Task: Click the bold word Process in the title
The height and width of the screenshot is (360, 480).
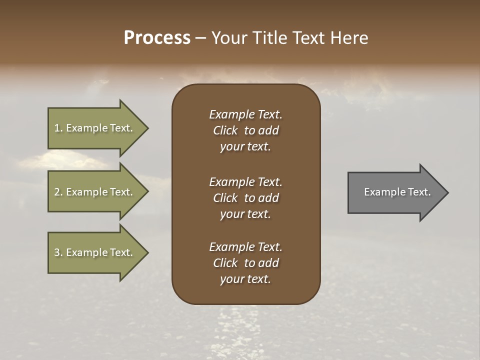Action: pos(157,38)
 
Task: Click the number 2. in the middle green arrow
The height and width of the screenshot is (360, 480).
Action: pos(58,192)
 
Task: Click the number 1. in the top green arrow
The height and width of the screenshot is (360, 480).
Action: pos(58,128)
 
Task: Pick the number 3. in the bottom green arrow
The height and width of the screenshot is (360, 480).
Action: pos(58,252)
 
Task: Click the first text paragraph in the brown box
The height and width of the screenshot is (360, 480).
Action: pos(245,130)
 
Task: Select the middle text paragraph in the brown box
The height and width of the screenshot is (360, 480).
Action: pos(245,198)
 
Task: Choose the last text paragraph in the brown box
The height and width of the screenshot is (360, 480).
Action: pos(245,263)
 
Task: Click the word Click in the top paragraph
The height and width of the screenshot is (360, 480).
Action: pos(225,130)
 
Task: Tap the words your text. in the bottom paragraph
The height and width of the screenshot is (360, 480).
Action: pos(245,279)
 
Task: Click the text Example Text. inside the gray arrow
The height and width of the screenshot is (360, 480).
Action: pos(397,192)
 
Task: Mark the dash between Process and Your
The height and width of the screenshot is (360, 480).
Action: pos(200,38)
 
